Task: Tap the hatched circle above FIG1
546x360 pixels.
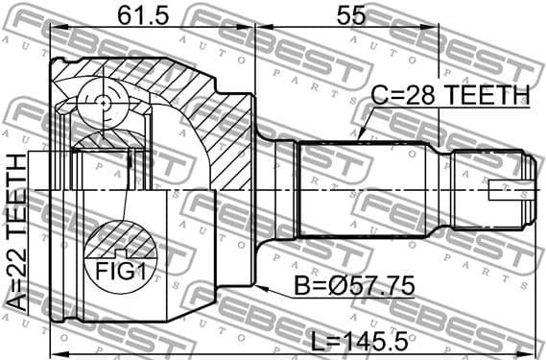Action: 113,240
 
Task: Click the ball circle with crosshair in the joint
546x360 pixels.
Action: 104,99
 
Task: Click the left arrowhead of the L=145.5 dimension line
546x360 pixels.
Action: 52,342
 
